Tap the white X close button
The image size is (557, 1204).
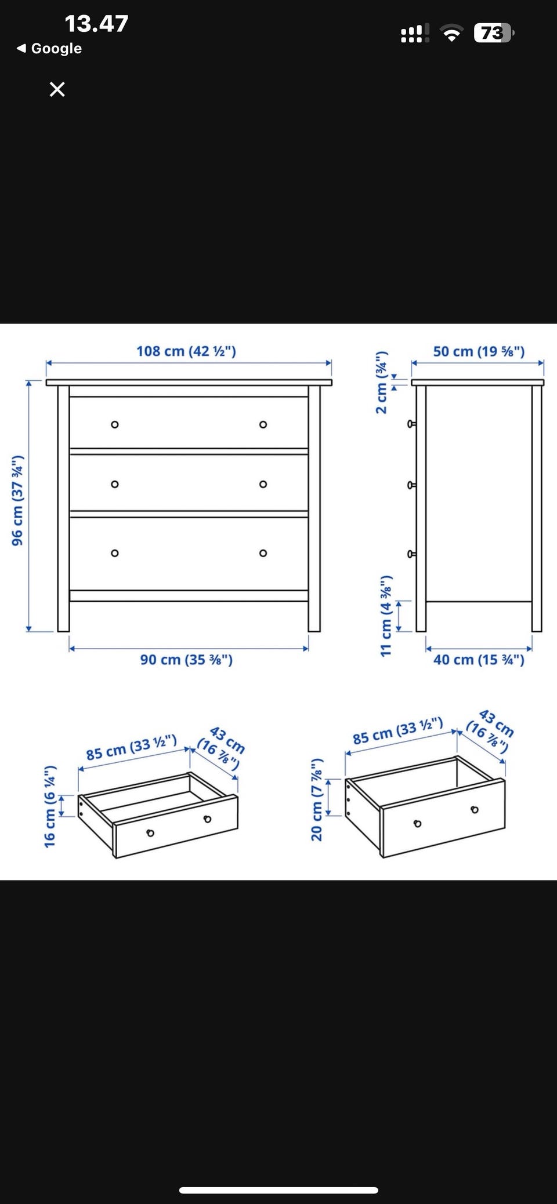coord(57,89)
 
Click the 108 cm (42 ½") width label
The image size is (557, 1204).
coord(186,351)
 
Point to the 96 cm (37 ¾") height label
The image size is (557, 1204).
coord(18,500)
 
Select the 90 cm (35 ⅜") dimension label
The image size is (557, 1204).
coord(186,660)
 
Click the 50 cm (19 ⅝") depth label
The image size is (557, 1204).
coord(479,351)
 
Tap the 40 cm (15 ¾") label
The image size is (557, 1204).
coord(479,660)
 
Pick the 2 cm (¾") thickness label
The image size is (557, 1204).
coord(381,382)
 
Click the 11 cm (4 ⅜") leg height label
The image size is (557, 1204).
coord(386,616)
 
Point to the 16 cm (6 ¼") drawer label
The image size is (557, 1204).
coord(50,806)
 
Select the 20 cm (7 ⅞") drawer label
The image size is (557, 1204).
coord(317,799)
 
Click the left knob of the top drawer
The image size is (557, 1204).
coord(115,424)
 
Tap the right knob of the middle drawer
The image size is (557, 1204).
coord(263,484)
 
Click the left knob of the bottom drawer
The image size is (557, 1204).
coord(115,553)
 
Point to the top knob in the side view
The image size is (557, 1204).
coord(411,424)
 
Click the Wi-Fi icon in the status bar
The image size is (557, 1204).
coord(451,34)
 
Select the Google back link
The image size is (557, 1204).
coord(49,48)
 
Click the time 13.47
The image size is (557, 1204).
coord(96,24)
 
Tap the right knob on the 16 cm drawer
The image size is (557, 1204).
coord(207,819)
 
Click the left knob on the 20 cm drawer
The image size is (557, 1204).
coord(417,824)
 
